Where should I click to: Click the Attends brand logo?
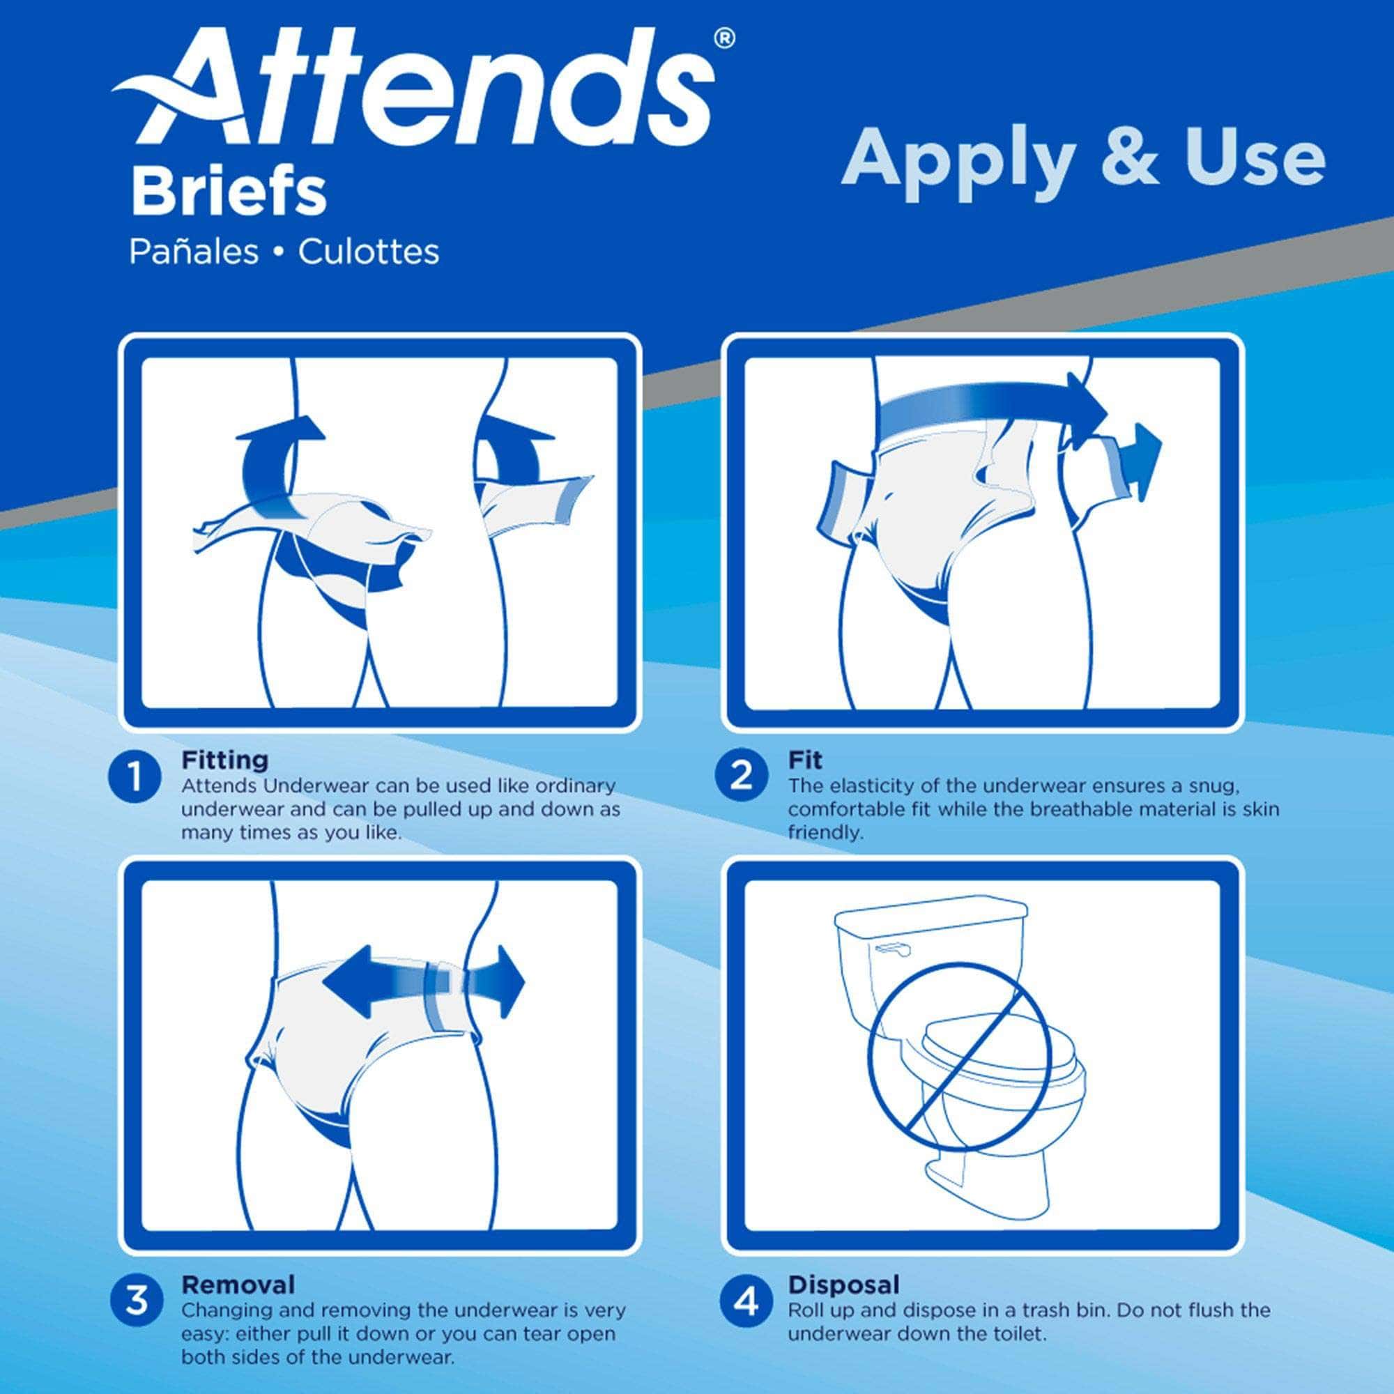pos(415,90)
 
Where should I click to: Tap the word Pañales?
pos(193,252)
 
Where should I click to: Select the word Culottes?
pos(369,252)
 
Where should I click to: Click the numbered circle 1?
pos(135,777)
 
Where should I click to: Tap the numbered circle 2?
pos(742,777)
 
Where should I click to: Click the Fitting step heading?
pos(224,760)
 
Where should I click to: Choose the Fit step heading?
pos(805,760)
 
